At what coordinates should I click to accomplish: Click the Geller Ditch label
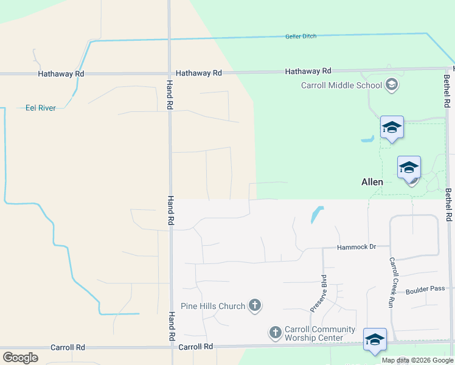(300, 36)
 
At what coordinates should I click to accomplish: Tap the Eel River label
(40, 108)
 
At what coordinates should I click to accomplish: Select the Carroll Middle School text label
(341, 85)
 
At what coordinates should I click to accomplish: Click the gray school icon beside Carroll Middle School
(392, 85)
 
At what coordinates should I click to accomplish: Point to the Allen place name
(372, 182)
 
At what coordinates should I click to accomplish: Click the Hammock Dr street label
(357, 247)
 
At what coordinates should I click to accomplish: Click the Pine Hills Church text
(213, 306)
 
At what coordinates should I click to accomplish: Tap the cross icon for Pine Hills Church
(255, 305)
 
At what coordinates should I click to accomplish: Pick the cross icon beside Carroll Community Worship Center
(276, 332)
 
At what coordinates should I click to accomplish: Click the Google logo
(20, 358)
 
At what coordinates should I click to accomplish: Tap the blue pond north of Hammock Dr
(316, 214)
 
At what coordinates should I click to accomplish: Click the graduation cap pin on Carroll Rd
(375, 339)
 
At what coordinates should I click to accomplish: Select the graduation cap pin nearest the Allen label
(409, 167)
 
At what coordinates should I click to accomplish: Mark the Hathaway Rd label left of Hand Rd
(61, 74)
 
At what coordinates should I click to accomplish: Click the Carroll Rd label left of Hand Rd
(68, 347)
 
